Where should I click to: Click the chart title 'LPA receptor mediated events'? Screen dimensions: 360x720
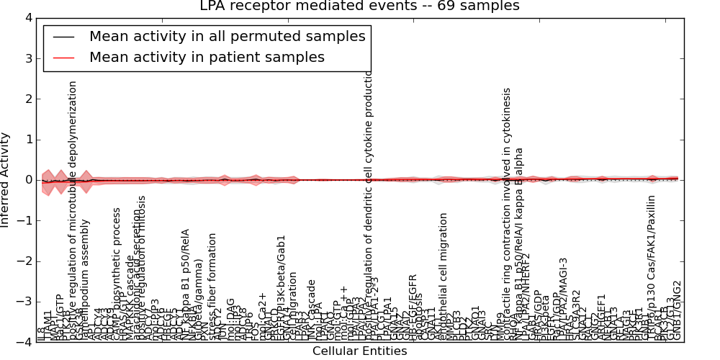click(x=359, y=6)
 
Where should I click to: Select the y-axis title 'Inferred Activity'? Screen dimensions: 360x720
click(x=6, y=180)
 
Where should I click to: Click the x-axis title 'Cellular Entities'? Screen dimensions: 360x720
click(x=359, y=351)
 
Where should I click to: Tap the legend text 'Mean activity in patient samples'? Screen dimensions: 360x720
click(x=207, y=57)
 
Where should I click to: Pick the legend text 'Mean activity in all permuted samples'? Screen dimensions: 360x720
click(x=227, y=36)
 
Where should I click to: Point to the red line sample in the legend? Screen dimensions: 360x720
click(x=64, y=58)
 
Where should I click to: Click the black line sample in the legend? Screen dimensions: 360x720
click(x=64, y=37)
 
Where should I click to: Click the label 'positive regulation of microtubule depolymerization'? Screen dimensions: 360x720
click(x=73, y=209)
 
